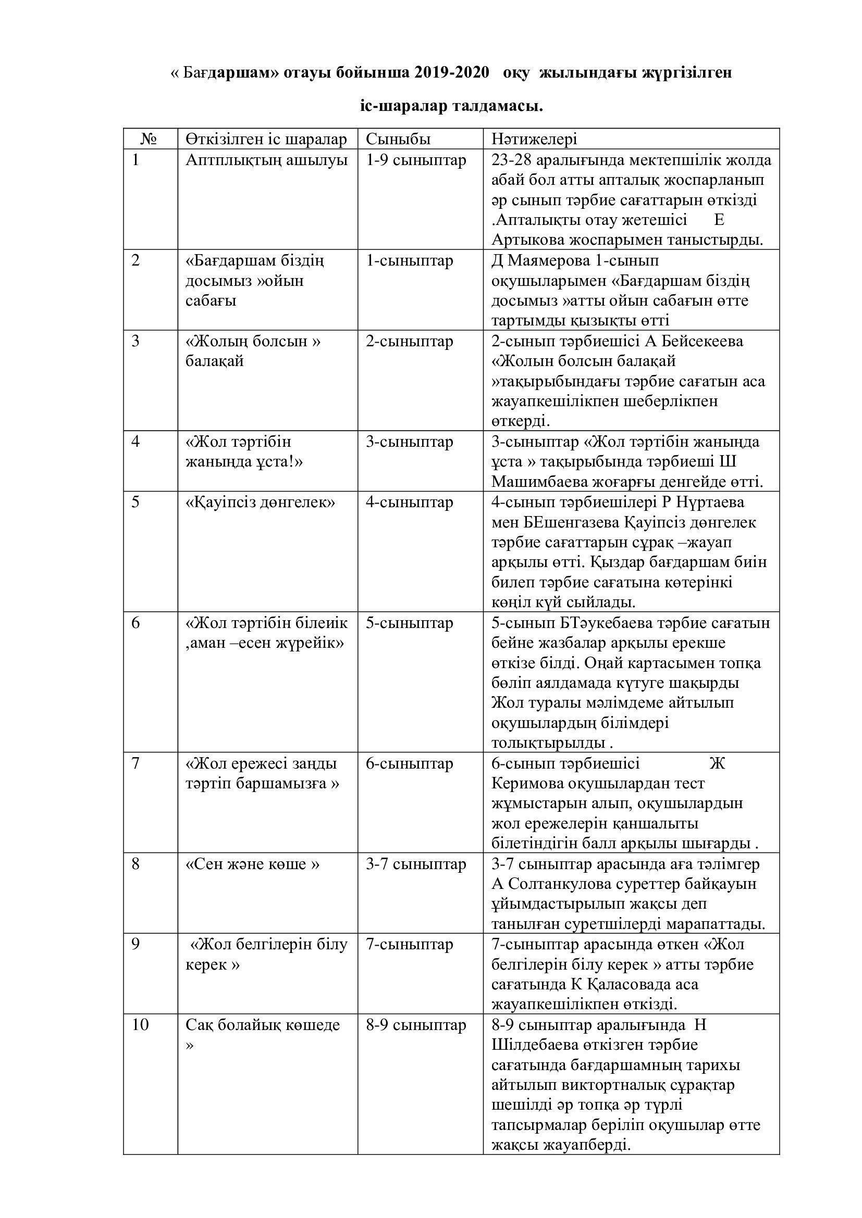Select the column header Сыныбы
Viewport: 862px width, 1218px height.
(398, 139)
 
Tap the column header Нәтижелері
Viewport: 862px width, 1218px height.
(535, 139)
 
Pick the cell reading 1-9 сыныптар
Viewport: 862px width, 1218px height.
(415, 160)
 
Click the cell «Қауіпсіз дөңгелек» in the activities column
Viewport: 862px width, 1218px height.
(260, 502)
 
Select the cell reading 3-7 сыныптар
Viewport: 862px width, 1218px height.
(415, 864)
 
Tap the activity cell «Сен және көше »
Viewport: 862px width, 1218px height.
(253, 864)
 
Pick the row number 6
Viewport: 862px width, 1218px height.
(136, 622)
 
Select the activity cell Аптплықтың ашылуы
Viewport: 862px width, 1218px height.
(266, 160)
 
